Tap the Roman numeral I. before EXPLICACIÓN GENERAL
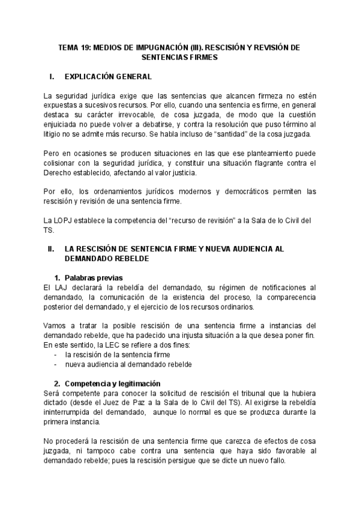[52, 77]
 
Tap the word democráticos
[245, 191]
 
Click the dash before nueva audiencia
[55, 364]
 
